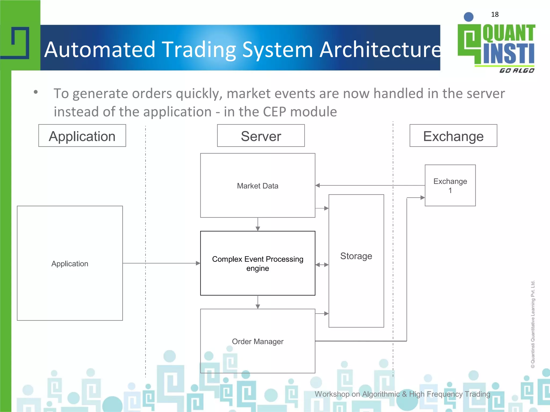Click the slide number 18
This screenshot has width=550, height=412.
click(495, 14)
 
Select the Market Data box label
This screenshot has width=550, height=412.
click(258, 186)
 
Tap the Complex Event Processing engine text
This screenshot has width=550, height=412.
click(258, 263)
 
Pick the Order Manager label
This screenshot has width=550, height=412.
click(258, 341)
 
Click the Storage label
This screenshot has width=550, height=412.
click(356, 256)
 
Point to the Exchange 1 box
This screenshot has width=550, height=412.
click(450, 186)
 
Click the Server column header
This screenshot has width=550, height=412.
click(261, 136)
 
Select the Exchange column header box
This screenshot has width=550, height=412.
click(453, 136)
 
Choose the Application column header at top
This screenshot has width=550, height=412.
click(82, 136)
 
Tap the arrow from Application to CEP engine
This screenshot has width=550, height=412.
click(161, 263)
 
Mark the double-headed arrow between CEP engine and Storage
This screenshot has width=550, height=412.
click(322, 265)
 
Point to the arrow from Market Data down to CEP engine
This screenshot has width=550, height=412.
click(258, 224)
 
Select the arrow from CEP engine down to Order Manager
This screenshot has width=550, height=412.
click(258, 302)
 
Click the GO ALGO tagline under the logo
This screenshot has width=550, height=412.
click(517, 71)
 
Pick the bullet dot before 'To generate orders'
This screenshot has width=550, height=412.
click(36, 92)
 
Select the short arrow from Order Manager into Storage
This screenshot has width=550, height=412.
click(322, 314)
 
